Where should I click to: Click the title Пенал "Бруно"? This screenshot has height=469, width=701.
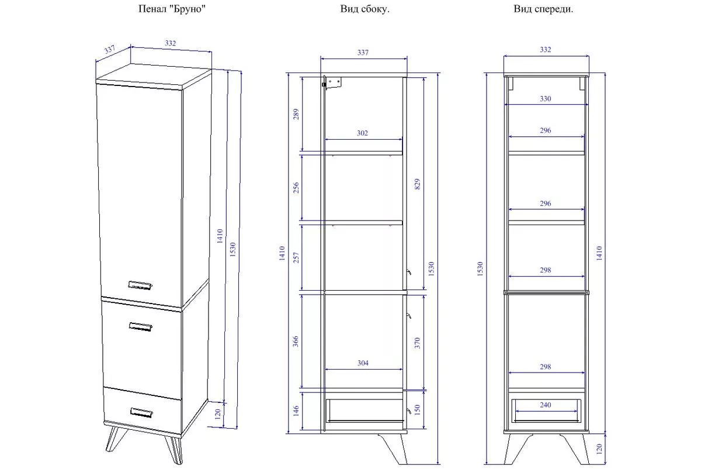[x=172, y=9]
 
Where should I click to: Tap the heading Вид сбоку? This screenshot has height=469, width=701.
[x=365, y=9]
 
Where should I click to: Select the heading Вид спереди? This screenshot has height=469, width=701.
[x=543, y=9]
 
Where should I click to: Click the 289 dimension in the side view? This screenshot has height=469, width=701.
[x=296, y=115]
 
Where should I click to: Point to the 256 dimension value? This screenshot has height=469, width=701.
[x=296, y=188]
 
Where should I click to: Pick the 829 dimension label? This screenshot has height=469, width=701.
[x=417, y=184]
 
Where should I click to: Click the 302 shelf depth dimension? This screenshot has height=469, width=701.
[x=362, y=133]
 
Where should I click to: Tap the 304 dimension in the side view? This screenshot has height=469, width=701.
[x=363, y=363]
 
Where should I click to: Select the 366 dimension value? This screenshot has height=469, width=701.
[x=296, y=341]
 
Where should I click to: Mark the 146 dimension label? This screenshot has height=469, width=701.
[x=296, y=411]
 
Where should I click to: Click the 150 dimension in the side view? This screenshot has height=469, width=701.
[x=417, y=410]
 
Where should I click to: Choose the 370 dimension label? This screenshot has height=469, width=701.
[x=417, y=343]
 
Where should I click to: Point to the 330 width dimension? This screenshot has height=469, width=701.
[x=545, y=99]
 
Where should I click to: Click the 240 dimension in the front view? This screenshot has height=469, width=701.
[x=545, y=405]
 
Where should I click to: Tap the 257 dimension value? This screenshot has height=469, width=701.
[x=296, y=257]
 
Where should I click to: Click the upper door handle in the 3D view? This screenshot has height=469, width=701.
[x=140, y=285]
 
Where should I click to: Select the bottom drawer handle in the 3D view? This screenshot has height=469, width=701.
[x=141, y=413]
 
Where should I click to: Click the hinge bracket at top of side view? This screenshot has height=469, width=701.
[x=332, y=82]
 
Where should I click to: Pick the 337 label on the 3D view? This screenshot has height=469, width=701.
[x=110, y=50]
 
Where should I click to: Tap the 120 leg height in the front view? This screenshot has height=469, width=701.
[x=599, y=449]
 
